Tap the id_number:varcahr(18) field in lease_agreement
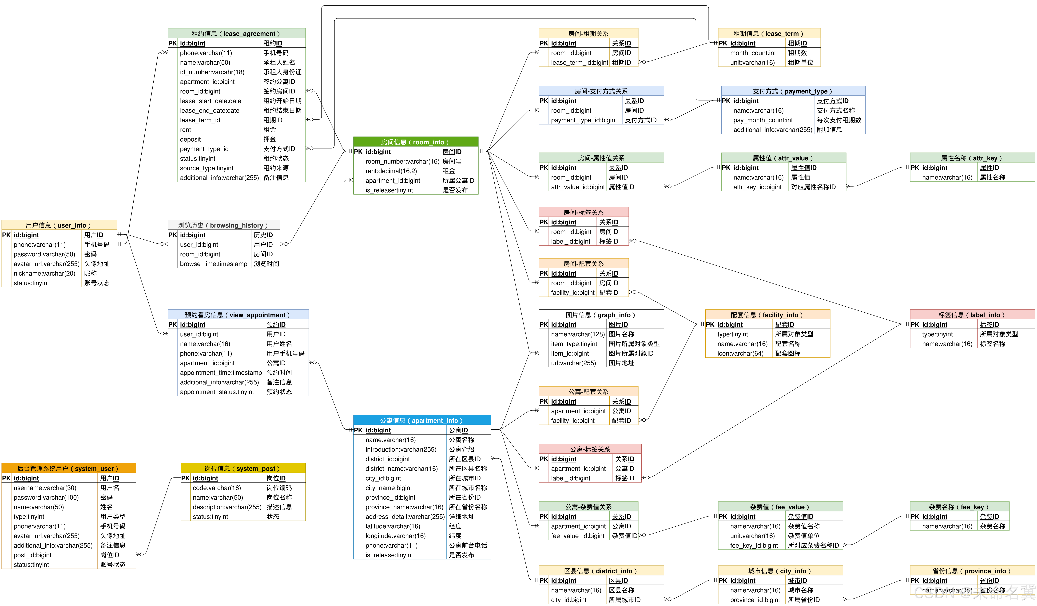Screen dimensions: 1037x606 tap(212, 72)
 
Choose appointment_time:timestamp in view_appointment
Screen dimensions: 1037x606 tap(221, 373)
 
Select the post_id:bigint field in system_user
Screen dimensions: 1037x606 tap(32, 555)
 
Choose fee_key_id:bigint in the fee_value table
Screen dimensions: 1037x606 tap(754, 546)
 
